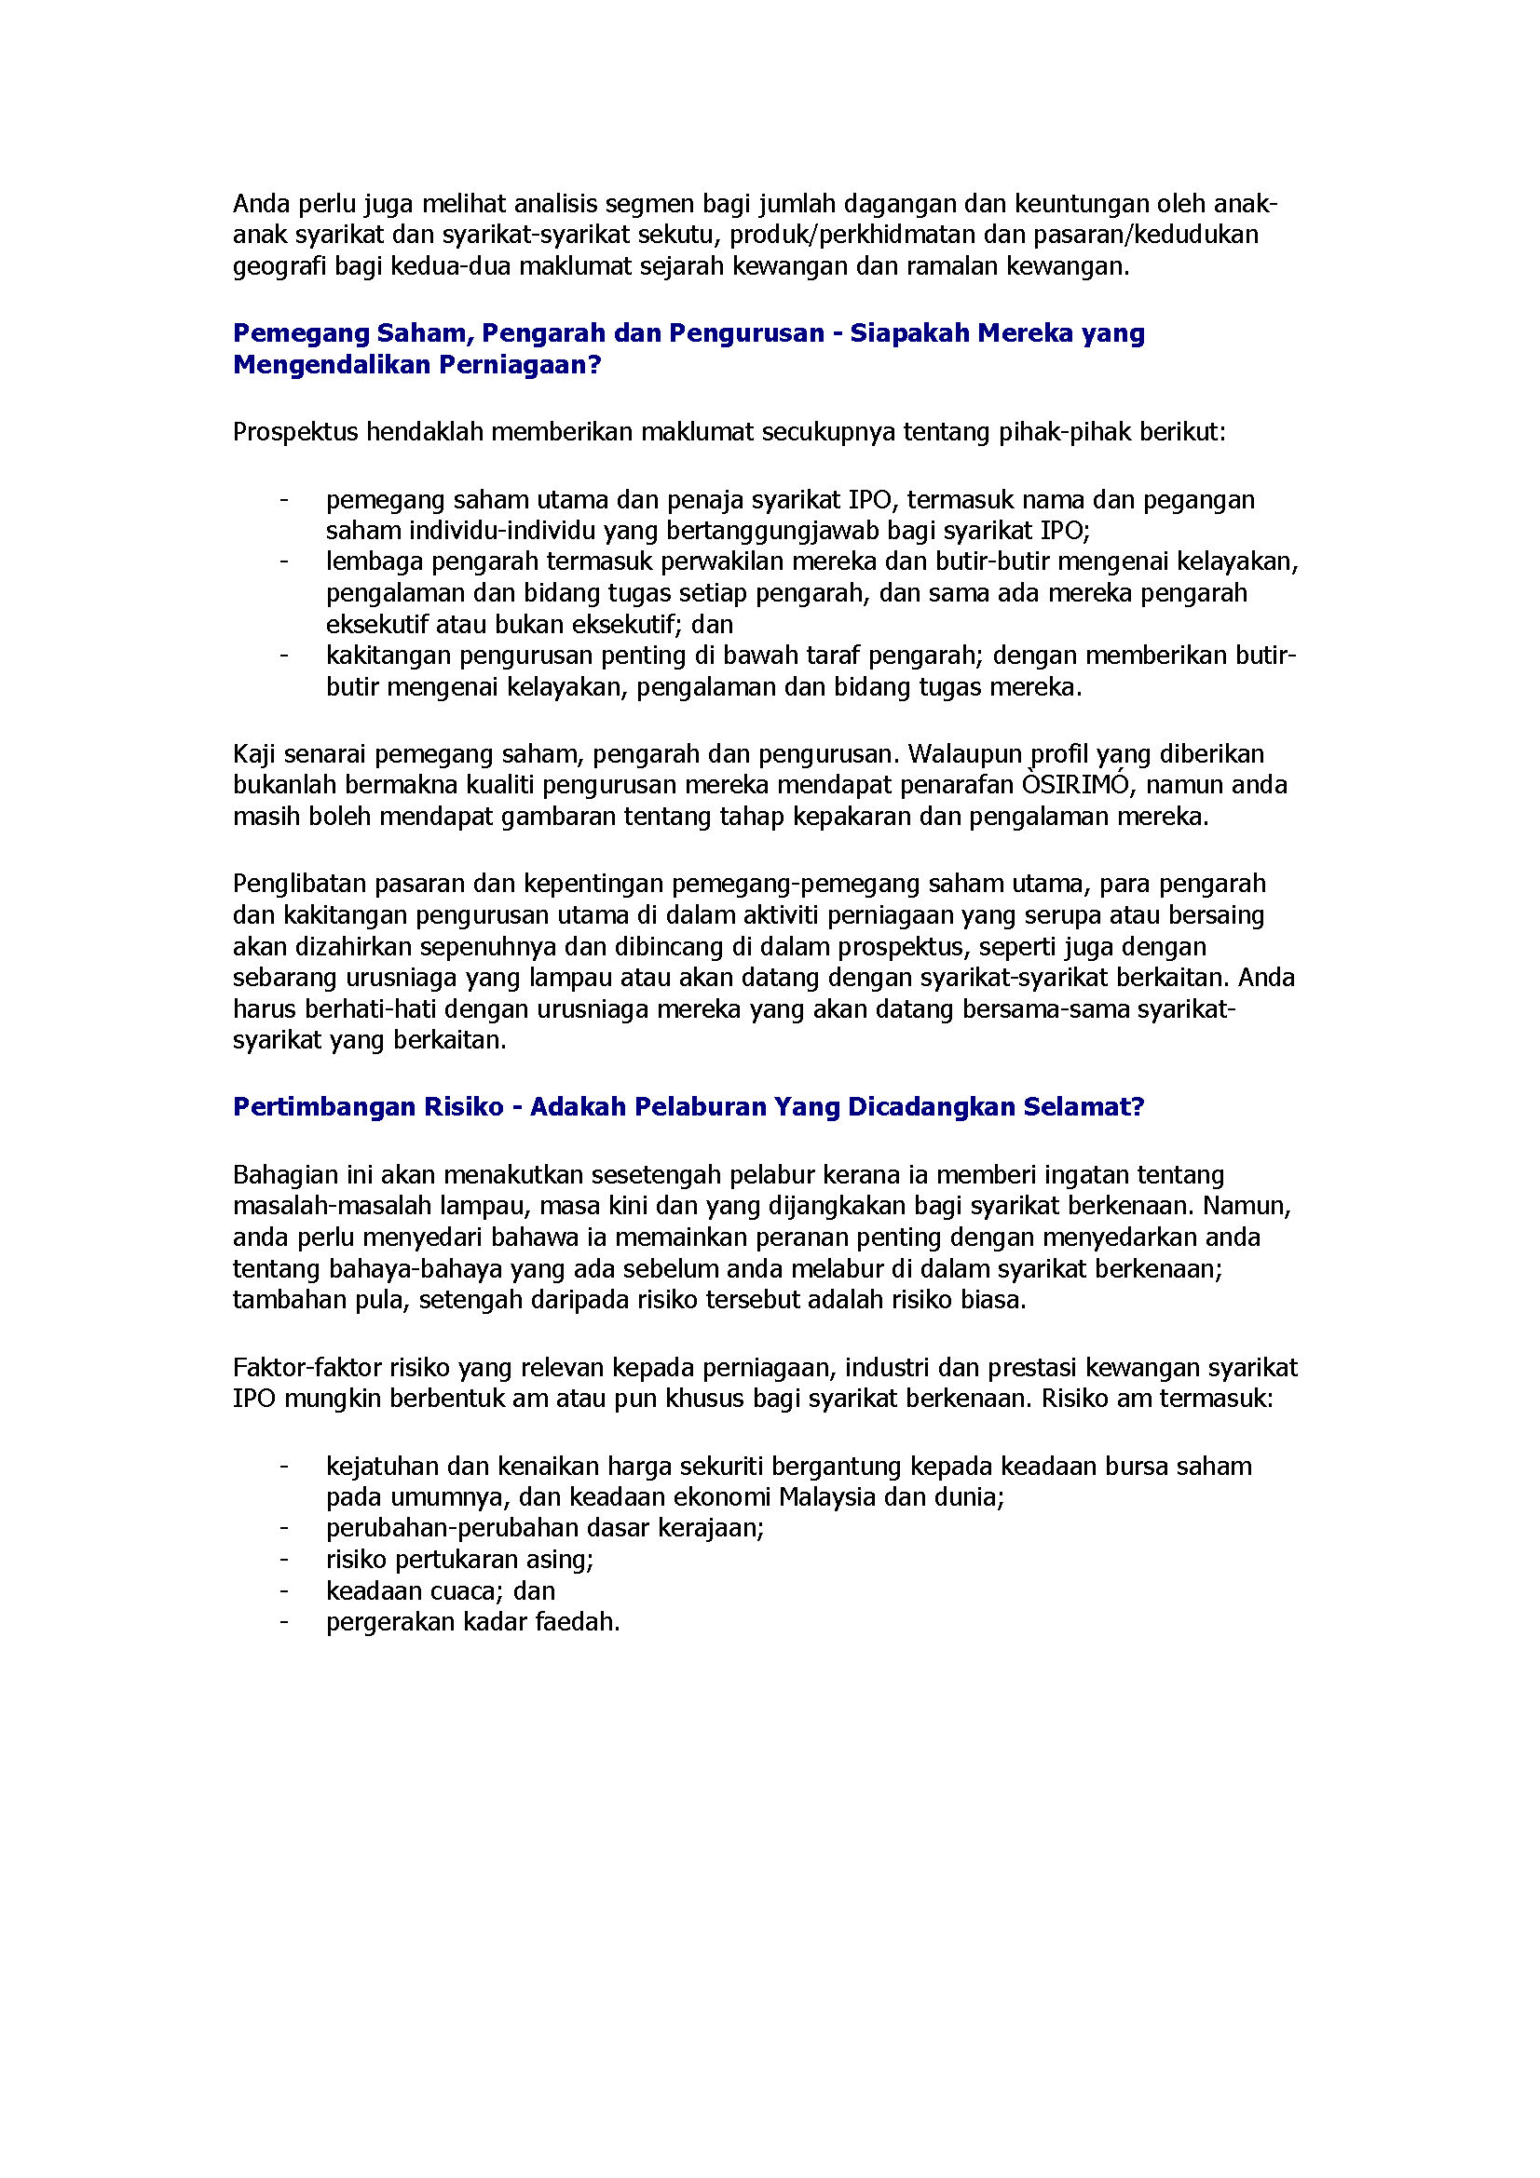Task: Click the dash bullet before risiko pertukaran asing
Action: click(x=284, y=1560)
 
